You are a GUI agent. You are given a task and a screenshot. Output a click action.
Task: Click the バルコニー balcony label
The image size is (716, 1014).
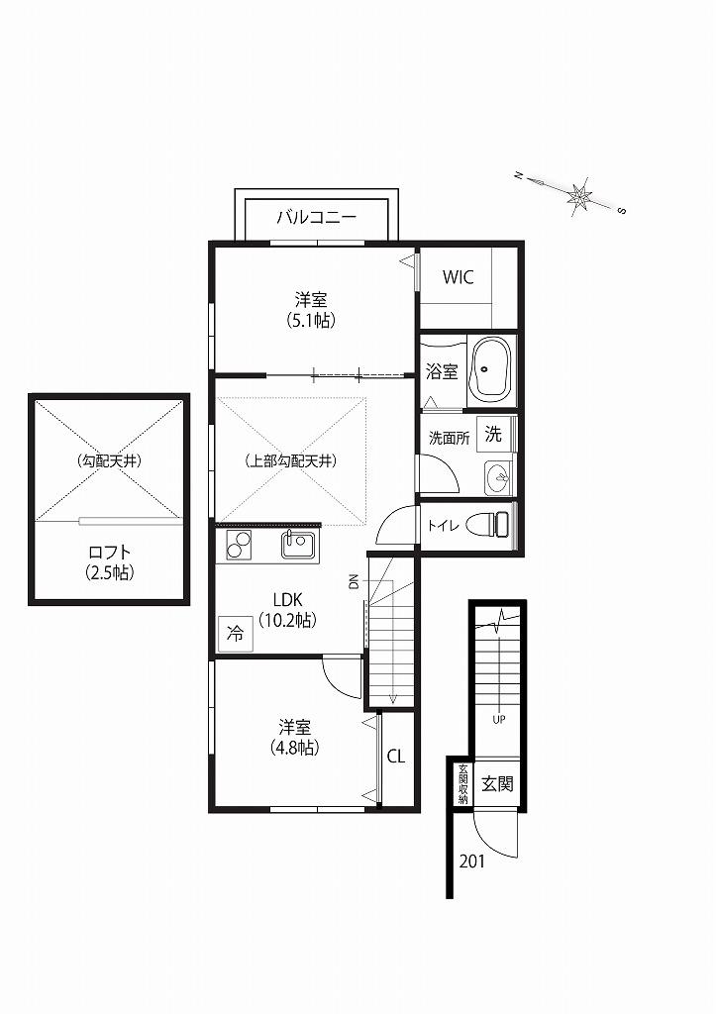click(317, 217)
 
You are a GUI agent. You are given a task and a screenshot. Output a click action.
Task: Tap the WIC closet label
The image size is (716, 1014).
click(458, 277)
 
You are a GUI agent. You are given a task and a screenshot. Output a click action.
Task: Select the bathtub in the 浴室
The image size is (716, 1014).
click(489, 370)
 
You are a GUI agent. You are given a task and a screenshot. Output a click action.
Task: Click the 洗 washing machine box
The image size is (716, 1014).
click(493, 434)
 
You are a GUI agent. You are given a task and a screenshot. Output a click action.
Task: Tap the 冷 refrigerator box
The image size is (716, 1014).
click(236, 634)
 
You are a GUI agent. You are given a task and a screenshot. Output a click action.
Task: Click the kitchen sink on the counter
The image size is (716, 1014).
click(297, 544)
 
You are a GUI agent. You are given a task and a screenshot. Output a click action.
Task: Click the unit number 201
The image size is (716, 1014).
click(471, 862)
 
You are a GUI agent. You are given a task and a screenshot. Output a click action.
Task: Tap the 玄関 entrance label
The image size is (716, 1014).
click(497, 784)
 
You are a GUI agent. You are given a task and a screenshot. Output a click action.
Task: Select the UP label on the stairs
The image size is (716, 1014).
click(499, 719)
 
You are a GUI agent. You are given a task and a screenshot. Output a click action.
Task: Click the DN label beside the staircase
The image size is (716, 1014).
click(354, 582)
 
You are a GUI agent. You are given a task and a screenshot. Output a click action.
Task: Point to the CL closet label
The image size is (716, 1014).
click(396, 756)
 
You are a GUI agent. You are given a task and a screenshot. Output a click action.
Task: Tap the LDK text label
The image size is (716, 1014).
click(288, 599)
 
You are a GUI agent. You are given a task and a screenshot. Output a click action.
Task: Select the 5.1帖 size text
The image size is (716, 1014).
click(311, 320)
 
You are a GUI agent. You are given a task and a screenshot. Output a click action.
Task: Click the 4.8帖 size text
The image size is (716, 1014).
click(294, 748)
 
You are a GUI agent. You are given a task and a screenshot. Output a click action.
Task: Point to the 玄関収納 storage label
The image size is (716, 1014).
click(463, 784)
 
